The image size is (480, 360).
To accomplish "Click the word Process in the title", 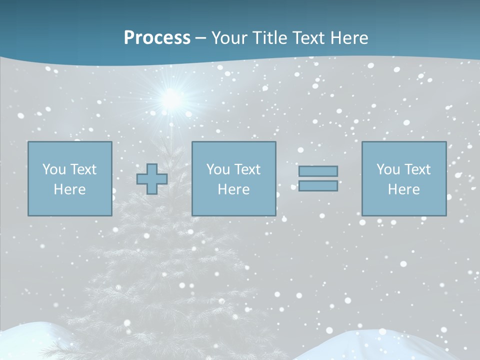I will tap(157, 38).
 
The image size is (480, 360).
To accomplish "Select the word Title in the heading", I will tap(270, 38).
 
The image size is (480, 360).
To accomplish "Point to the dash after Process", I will tap(200, 38).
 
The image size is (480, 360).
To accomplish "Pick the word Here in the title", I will tap(350, 38).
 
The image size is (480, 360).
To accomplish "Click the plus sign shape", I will tap(152, 179).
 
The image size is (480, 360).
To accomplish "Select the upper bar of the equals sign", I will tap(318, 171).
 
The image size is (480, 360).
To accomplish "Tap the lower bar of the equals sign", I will tap(318, 186).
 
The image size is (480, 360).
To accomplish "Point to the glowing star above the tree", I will tap(171, 99).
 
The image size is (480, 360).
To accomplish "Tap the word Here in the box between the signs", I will tap(234, 189).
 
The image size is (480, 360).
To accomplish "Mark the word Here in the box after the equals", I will tap(404, 189).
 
